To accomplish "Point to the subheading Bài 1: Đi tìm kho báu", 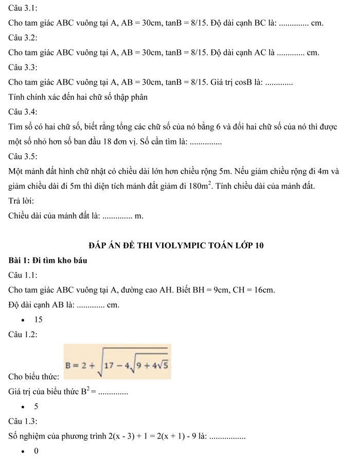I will [x=48, y=261].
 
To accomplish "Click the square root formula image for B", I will [x=118, y=362].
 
